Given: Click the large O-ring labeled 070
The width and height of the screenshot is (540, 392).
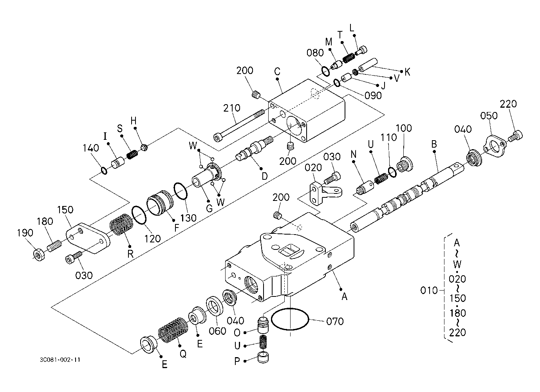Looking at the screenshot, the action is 290,319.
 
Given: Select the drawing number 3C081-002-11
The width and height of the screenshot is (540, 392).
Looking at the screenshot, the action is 60,360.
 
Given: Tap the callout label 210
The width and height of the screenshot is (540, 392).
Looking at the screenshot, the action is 232,108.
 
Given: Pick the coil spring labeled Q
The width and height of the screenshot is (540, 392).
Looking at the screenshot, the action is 173,330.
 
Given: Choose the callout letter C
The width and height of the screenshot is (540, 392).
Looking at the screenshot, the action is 277,71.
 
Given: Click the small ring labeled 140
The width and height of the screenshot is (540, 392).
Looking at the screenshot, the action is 104,171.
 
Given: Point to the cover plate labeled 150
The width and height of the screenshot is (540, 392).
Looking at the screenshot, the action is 88,238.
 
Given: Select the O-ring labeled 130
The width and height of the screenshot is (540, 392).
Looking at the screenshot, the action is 181,191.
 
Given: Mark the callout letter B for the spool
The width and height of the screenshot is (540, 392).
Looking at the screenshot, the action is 434,144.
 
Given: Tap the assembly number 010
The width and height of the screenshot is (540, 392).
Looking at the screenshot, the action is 429,290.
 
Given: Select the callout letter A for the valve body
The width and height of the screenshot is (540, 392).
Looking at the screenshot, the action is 345,296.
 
